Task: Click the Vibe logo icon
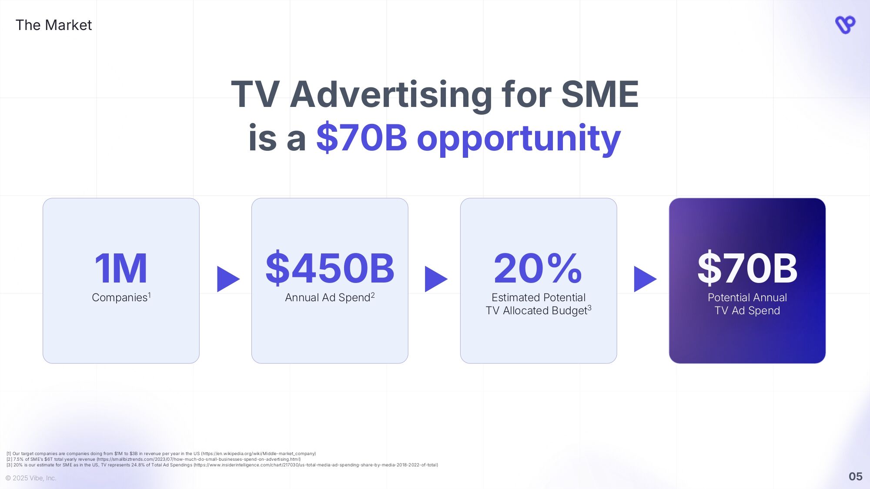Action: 845,25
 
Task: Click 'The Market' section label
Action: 54,25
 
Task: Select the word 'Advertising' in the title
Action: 391,94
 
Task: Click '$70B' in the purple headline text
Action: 361,138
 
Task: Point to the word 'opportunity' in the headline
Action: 518,139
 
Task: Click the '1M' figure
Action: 121,268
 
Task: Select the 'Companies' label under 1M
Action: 120,297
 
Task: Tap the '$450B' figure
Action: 330,268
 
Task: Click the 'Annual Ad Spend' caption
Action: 327,297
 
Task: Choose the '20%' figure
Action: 538,268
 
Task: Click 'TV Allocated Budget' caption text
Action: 536,310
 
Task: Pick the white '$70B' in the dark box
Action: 747,268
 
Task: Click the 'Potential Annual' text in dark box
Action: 747,297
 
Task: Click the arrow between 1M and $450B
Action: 227,279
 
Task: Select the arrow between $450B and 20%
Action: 435,279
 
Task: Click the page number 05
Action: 855,476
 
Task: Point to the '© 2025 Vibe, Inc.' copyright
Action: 31,478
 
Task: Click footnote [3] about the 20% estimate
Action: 222,465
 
